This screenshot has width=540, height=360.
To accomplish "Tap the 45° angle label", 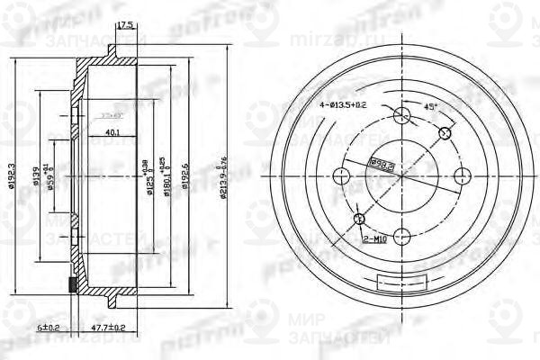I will click(431, 106).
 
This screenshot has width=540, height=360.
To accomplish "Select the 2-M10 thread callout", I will click(376, 240).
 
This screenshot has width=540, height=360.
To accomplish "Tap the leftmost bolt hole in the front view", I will click(341, 175).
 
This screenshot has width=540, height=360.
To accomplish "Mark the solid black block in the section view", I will click(73, 285).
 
